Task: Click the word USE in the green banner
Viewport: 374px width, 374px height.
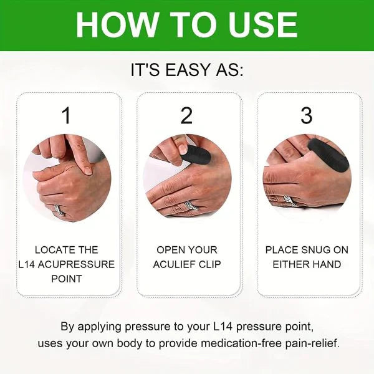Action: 262,24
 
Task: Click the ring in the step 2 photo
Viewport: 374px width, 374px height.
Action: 191,205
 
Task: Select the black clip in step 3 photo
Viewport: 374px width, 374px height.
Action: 328,155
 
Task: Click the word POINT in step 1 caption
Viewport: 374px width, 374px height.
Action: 67,279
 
